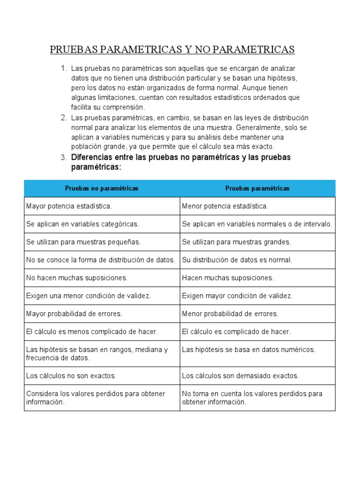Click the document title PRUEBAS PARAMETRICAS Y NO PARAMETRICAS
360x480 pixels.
[172, 49]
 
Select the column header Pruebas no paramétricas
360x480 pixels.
[102, 188]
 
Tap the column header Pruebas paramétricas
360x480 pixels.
[257, 188]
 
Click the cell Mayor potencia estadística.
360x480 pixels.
[69, 206]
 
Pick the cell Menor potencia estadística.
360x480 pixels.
[225, 206]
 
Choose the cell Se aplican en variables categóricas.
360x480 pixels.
[82, 224]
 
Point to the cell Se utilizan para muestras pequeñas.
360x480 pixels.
[83, 242]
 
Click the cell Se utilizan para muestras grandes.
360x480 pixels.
[236, 242]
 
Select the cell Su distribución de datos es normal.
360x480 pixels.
[237, 260]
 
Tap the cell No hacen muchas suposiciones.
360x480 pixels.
[77, 278]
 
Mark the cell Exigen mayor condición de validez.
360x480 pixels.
[237, 296]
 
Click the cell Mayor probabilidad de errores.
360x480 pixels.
[74, 314]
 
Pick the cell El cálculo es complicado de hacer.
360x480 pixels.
[236, 331]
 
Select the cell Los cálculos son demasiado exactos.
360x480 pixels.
[240, 376]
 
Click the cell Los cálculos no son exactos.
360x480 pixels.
[71, 376]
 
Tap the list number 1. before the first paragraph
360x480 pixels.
[64, 68]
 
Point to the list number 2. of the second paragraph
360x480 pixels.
[64, 118]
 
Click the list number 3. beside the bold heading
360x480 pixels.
[64, 157]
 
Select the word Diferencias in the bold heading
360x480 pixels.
[92, 157]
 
